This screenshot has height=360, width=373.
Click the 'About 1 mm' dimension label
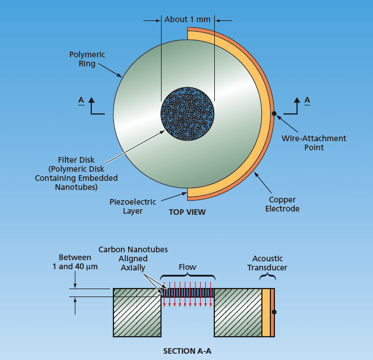coord(187,19)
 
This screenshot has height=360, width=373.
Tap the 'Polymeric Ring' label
coord(87,59)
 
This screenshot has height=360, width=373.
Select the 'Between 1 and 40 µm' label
coord(75,262)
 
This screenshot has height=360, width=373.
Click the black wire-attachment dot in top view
coord(274,114)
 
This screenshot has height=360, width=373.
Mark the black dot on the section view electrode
coord(274,312)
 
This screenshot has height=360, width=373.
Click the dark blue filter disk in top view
coord(188,113)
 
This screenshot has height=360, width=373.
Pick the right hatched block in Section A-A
coord(237,312)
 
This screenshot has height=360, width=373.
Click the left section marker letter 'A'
coord(82,100)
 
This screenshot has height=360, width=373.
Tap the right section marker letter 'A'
coord(307,100)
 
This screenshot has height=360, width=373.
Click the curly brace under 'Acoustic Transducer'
coord(268,277)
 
